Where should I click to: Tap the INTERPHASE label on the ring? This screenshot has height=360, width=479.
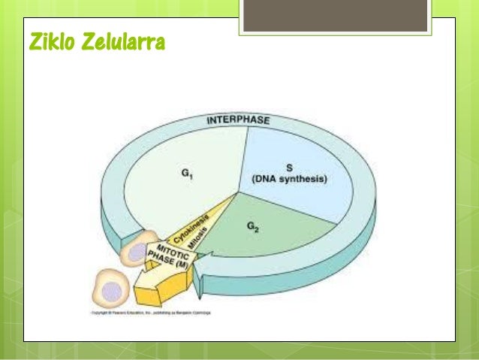click(x=238, y=119)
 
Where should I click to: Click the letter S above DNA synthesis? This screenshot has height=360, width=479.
click(x=291, y=167)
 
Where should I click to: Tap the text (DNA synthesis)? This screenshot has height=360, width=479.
click(x=291, y=179)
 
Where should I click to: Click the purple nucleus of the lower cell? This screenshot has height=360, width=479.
click(x=111, y=290)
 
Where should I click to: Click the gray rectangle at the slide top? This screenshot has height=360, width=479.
click(x=335, y=15)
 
